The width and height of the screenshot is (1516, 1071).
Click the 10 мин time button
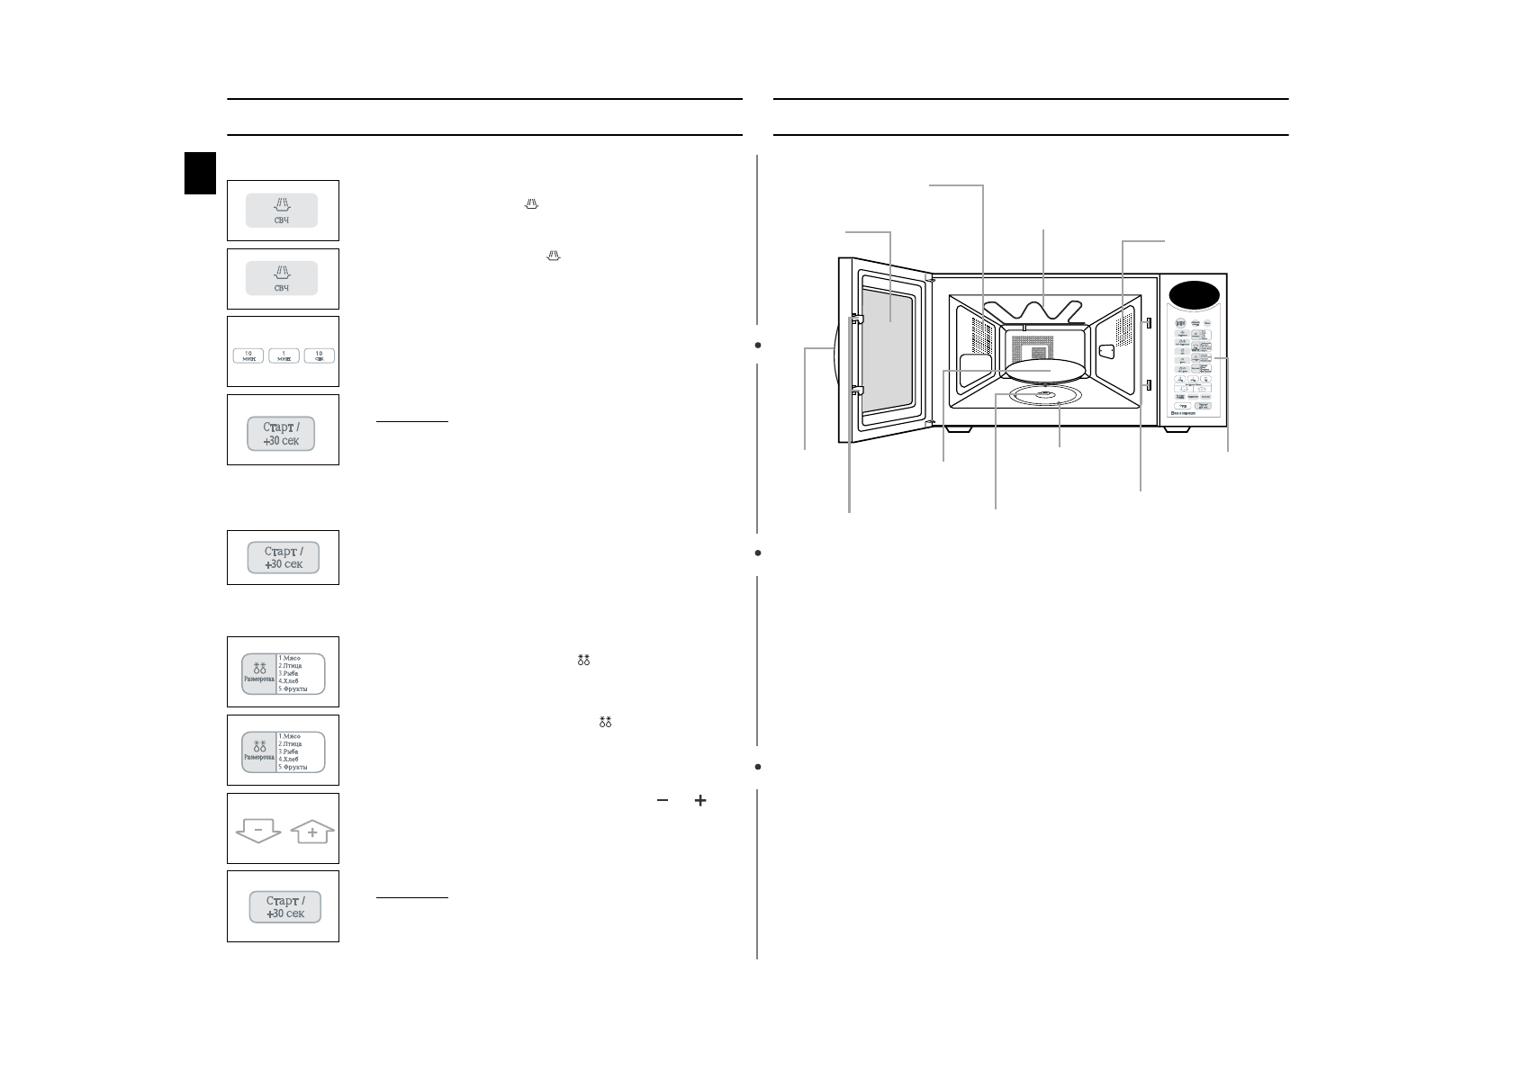pos(248,355)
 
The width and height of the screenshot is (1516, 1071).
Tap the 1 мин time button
pos(284,355)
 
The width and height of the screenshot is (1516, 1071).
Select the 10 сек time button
pos(319,355)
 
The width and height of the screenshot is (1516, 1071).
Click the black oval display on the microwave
pos(1194,294)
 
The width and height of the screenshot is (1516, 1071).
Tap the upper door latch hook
pos(858,318)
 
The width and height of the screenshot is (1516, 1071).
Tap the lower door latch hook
pos(858,390)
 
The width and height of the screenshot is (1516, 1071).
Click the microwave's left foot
pos(958,429)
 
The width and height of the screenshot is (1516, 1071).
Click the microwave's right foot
pos(1176,429)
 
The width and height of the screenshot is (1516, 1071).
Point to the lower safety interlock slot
pos(1149,385)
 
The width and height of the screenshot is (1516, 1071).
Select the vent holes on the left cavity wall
pos(981,338)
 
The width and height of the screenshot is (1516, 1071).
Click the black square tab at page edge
pos(201,173)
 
